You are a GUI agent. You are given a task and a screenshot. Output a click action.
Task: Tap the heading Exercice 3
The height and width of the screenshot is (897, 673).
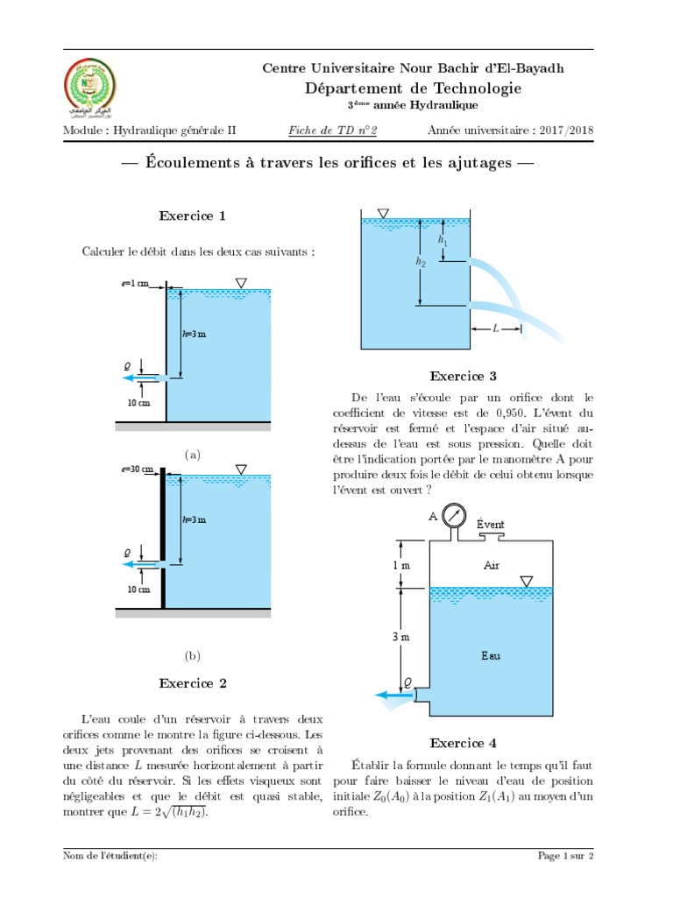(463, 377)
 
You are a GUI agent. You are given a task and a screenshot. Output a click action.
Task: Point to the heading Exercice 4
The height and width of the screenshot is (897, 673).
(463, 743)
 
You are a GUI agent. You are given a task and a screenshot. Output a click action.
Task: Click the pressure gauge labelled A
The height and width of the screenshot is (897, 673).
(454, 516)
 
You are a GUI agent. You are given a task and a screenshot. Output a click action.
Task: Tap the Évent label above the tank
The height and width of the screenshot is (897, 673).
(491, 524)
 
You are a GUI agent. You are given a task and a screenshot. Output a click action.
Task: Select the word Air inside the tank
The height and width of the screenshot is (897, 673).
(491, 566)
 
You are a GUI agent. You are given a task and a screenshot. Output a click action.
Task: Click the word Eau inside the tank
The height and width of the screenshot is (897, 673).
(491, 654)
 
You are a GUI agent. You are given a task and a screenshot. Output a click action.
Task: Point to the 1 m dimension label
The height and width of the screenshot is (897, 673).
(401, 565)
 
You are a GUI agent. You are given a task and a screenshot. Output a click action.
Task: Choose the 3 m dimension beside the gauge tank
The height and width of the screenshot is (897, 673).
(401, 637)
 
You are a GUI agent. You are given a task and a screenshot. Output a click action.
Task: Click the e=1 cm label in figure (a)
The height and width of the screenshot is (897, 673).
(136, 284)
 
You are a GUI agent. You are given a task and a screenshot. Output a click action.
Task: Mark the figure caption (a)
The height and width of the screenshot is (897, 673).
(193, 456)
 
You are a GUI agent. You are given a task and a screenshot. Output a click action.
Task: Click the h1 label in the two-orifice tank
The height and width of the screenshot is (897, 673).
(443, 238)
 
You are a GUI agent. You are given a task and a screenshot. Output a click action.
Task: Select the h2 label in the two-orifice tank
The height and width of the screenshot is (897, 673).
(422, 261)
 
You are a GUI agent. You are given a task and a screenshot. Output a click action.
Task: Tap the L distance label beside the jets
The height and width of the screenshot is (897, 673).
(495, 328)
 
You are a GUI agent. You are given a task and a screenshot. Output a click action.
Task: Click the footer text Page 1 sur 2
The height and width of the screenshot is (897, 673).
(565, 856)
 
